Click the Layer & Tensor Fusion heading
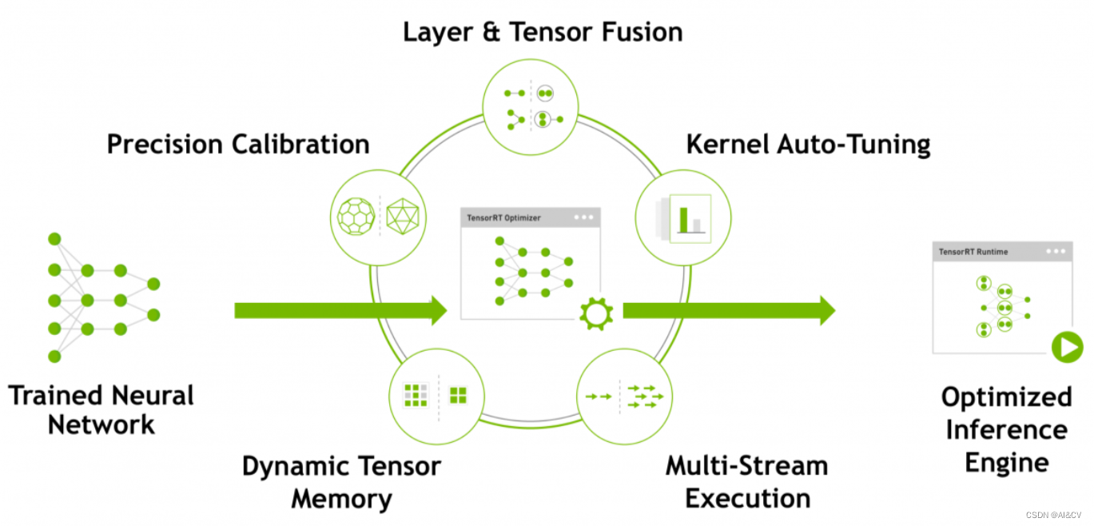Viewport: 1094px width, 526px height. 543,32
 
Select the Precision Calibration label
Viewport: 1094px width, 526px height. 238,145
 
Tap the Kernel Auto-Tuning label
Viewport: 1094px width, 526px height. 808,145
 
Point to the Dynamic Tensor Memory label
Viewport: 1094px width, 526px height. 341,482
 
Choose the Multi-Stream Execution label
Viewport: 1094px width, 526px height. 747,482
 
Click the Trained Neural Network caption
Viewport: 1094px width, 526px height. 101,409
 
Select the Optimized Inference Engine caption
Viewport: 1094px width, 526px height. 1006,429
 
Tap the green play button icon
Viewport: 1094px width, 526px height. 1067,348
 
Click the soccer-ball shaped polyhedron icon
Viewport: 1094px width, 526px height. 356,216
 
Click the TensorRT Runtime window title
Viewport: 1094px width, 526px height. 973,252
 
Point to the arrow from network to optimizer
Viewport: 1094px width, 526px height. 340,310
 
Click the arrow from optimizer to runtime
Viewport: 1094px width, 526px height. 728,310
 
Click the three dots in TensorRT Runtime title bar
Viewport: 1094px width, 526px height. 1056,251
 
